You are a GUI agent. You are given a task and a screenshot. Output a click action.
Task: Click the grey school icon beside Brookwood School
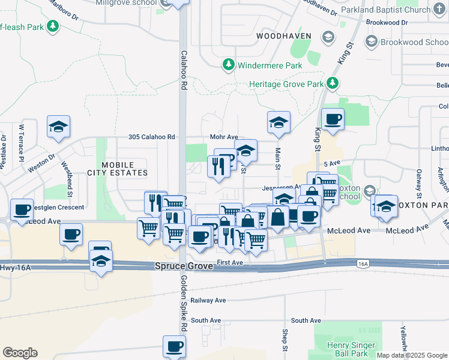pyautogui.click(x=372, y=42)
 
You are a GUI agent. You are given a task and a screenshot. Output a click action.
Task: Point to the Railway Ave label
pyautogui.click(x=208, y=300)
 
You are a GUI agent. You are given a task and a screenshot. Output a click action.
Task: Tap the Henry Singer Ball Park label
pyautogui.click(x=352, y=349)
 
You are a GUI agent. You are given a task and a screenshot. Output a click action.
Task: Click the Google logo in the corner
pyautogui.click(x=19, y=353)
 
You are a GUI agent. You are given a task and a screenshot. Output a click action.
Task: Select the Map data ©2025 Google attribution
pyautogui.click(x=412, y=355)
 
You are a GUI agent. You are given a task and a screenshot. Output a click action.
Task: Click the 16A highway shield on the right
pyautogui.click(x=362, y=263)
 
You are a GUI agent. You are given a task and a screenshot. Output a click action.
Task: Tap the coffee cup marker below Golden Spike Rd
pyautogui.click(x=175, y=346)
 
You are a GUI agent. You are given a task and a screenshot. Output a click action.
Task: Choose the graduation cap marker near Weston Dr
pyautogui.click(x=59, y=127)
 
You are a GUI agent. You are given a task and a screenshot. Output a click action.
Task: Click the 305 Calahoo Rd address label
pyautogui.click(x=151, y=137)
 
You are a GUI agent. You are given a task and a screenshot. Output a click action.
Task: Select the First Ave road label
pyautogui.click(x=229, y=263)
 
